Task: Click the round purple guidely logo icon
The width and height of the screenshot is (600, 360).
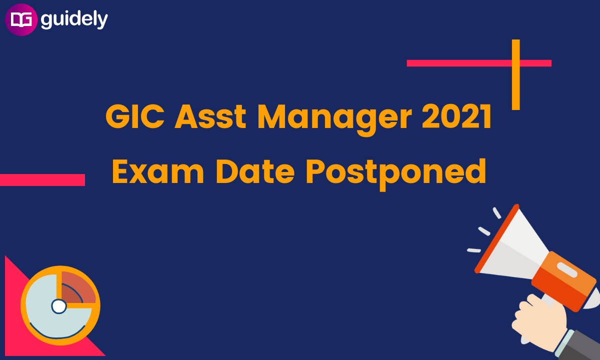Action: [21, 19]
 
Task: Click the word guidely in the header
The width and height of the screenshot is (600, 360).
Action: [74, 20]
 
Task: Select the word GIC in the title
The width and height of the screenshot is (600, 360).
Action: [135, 117]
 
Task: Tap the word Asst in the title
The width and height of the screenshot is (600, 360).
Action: [210, 117]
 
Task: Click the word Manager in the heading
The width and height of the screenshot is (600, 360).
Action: [334, 119]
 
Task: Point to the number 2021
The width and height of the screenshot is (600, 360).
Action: [456, 116]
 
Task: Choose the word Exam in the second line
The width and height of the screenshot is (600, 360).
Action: [158, 171]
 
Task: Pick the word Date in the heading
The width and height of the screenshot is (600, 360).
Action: [255, 171]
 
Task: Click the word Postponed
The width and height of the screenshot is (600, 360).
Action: [396, 174]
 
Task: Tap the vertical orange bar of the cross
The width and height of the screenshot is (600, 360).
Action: [516, 74]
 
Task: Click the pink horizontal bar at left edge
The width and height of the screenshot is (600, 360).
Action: [42, 179]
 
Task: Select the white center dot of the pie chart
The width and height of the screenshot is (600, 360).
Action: [59, 306]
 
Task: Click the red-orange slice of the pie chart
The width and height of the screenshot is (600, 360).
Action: [77, 288]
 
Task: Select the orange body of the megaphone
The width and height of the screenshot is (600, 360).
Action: [564, 281]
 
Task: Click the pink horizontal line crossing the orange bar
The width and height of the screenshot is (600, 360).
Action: [479, 63]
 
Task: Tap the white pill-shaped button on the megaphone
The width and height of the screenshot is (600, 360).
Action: [567, 270]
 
